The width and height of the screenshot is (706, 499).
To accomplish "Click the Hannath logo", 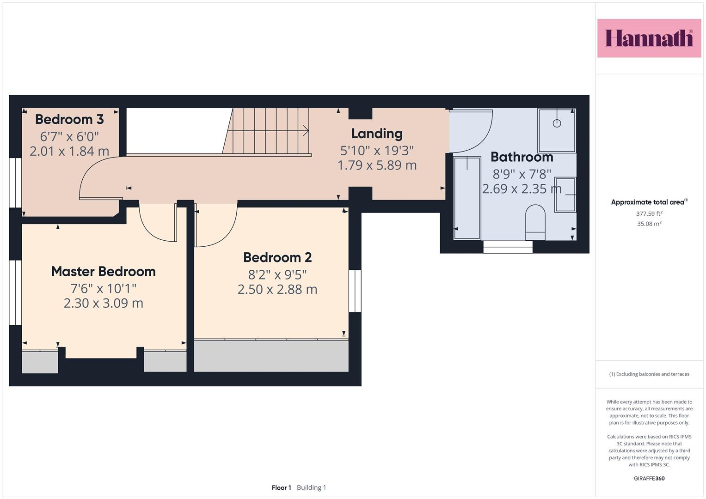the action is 649,38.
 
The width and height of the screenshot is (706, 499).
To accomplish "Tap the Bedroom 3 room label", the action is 69,119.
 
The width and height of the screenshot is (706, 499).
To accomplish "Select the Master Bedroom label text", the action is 104,272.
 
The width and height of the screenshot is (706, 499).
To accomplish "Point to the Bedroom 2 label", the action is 277,257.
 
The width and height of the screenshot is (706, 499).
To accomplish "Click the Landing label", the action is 377,134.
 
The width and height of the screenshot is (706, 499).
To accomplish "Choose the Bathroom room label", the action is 522,157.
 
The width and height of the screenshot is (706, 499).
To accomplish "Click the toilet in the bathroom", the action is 535,222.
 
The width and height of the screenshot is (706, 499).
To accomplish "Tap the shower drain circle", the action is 557,123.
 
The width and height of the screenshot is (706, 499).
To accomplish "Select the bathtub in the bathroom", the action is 467,198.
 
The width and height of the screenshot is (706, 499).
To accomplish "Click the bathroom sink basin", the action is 565,195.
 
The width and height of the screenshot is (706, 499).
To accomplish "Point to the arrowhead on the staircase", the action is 306,130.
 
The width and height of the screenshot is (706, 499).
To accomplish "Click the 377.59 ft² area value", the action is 649,213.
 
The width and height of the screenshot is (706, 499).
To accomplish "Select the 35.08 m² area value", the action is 649,224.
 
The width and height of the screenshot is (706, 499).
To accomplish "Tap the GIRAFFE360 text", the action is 649,478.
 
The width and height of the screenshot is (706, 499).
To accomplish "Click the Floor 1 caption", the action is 282,487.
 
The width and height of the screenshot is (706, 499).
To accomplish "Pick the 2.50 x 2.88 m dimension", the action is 277,290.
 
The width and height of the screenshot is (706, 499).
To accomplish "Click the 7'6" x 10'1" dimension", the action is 104,288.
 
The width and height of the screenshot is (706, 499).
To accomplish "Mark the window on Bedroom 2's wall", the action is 355,291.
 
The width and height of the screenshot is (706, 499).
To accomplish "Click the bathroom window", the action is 508,247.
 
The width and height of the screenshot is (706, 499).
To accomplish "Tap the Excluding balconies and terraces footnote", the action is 649,374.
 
